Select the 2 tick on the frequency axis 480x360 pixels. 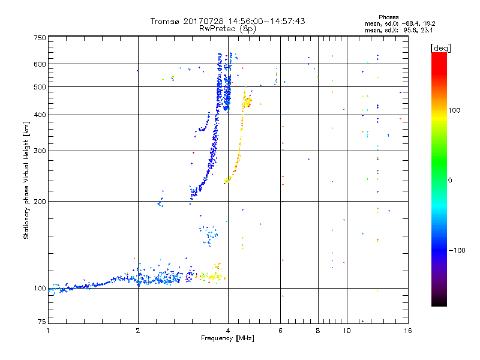pos(138,329)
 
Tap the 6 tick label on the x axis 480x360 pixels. pos(280,329)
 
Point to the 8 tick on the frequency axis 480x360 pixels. pos(317,329)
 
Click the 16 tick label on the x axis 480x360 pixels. pos(408,329)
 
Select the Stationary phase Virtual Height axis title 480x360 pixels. pos(26,180)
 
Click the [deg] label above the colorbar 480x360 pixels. pos(441,47)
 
